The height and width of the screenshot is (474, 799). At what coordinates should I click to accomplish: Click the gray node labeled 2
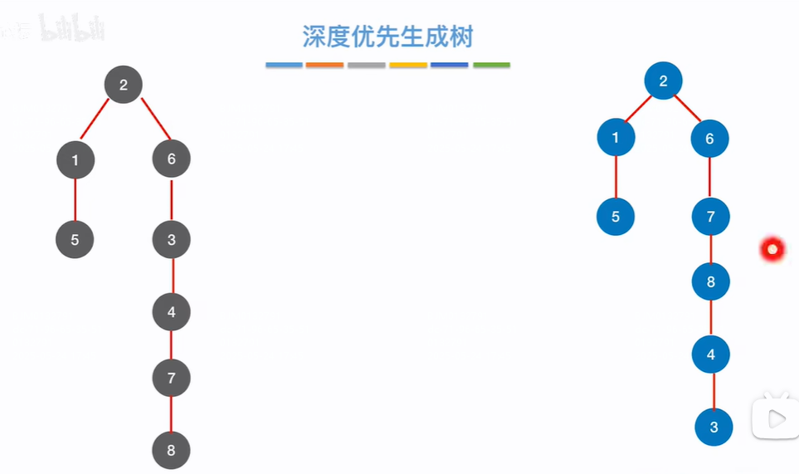click(x=124, y=84)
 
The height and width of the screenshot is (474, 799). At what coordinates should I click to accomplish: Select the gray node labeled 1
click(x=76, y=160)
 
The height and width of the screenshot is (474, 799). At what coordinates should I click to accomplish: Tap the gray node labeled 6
click(x=172, y=159)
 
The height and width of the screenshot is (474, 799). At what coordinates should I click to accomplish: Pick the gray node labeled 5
click(x=75, y=240)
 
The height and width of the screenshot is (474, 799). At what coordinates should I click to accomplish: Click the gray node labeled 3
click(x=172, y=240)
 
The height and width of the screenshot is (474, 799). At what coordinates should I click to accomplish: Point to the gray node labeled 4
click(x=172, y=312)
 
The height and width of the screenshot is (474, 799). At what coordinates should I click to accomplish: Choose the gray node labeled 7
click(x=172, y=379)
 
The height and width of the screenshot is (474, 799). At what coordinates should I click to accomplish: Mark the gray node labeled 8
click(x=172, y=451)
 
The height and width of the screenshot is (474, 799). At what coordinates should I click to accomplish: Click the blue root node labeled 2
click(x=663, y=81)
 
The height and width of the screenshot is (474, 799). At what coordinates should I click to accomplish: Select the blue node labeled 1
click(x=616, y=138)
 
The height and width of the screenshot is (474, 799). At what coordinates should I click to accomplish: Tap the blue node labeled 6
click(x=709, y=139)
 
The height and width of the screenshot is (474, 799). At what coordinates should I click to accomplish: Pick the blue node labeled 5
click(x=616, y=217)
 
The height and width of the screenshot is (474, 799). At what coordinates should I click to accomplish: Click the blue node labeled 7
click(x=711, y=217)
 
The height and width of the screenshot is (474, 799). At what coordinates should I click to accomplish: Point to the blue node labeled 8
click(x=711, y=282)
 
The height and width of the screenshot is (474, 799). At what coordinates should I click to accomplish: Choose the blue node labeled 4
click(x=711, y=354)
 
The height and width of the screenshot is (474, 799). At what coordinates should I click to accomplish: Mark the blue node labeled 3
click(x=714, y=428)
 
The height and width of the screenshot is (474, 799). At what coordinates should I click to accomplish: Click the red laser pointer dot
click(x=772, y=248)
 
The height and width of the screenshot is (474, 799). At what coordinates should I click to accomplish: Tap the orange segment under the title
click(x=324, y=65)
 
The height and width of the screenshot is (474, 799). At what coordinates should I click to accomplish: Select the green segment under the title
click(x=491, y=65)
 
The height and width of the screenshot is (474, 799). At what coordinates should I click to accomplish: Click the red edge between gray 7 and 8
click(x=171, y=414)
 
